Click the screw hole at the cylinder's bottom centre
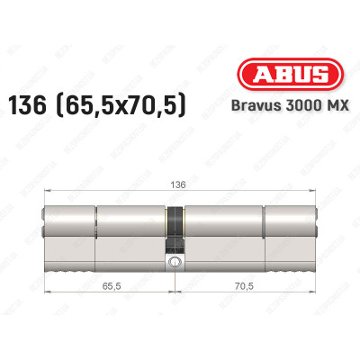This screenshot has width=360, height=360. click(x=173, y=263)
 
